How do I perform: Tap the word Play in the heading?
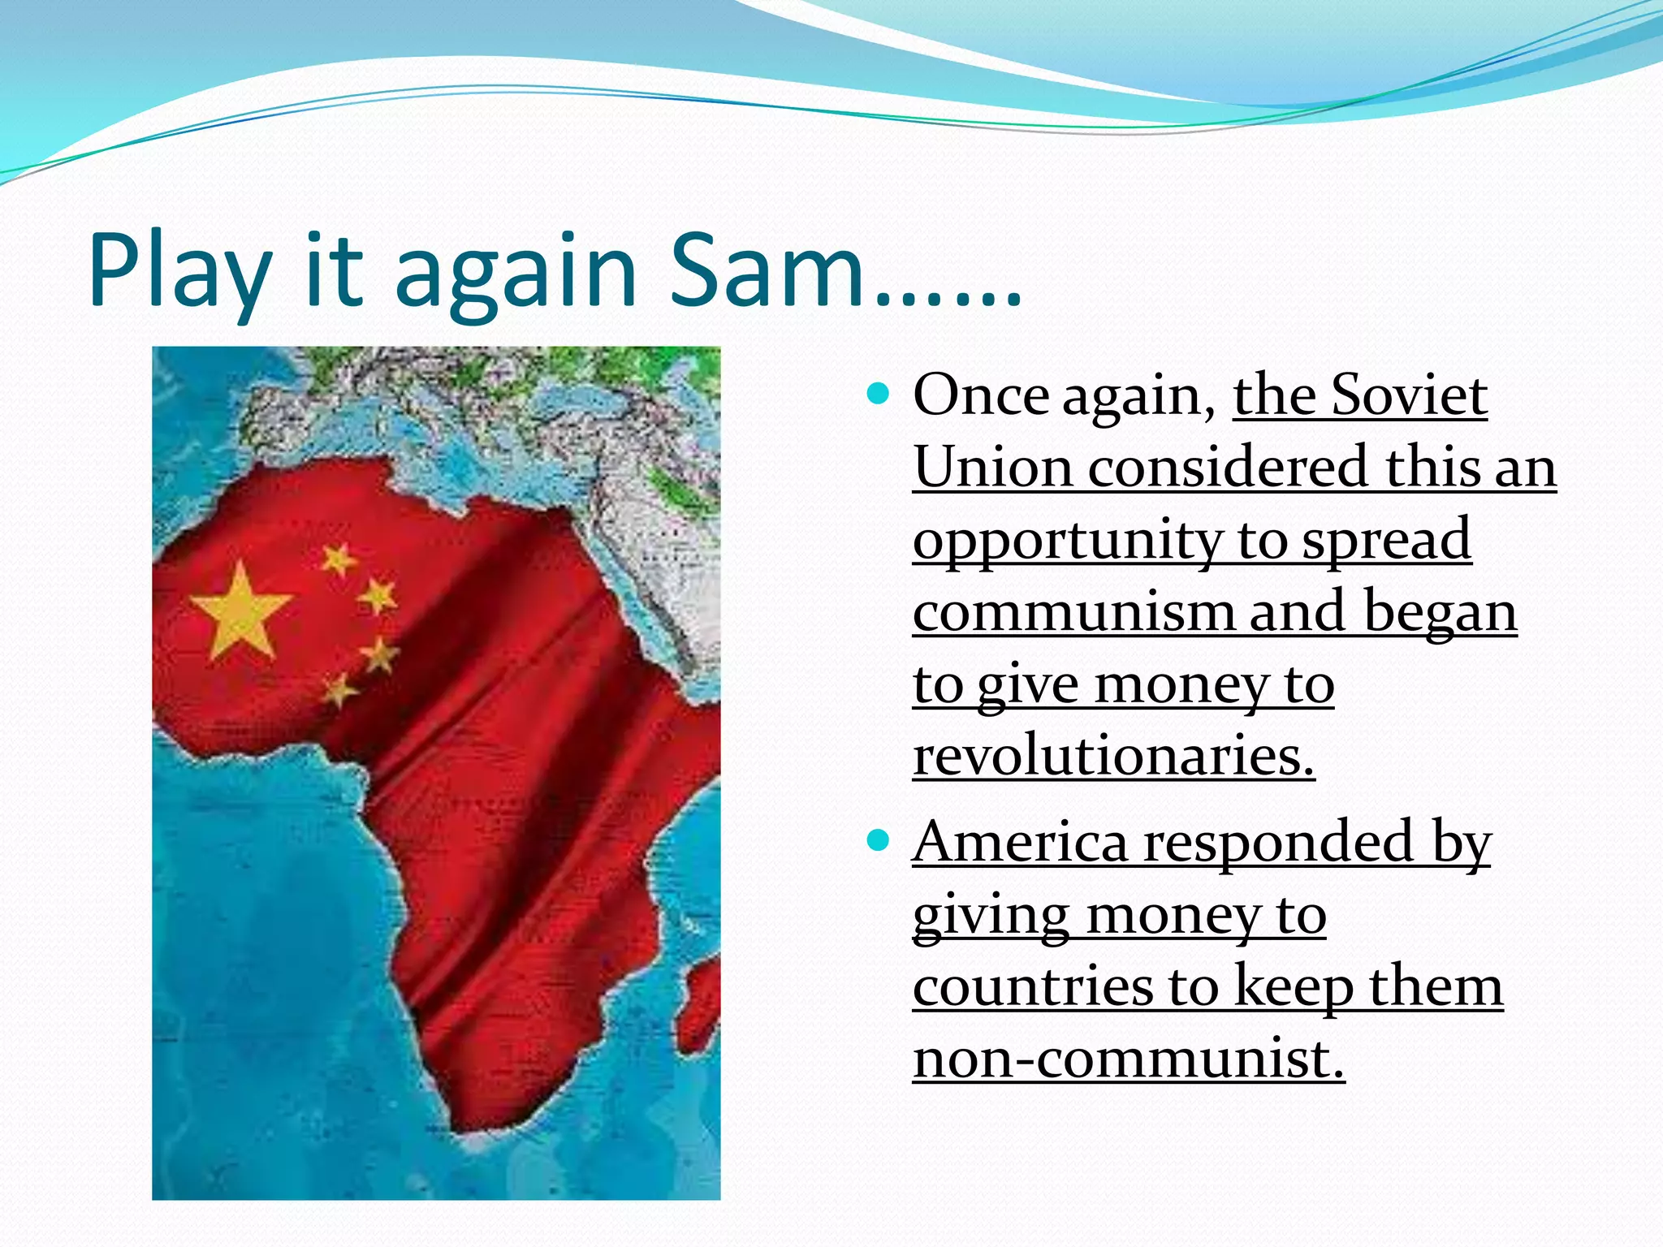[179, 271]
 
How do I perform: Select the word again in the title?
[515, 271]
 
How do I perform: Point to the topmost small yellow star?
[339, 559]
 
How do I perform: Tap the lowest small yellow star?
[340, 691]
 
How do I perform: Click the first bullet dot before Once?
[879, 395]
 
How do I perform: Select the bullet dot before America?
[879, 840]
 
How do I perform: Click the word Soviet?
[1410, 395]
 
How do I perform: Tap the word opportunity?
[1065, 541]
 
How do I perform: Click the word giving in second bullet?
[991, 916]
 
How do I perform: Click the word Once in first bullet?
[980, 395]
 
